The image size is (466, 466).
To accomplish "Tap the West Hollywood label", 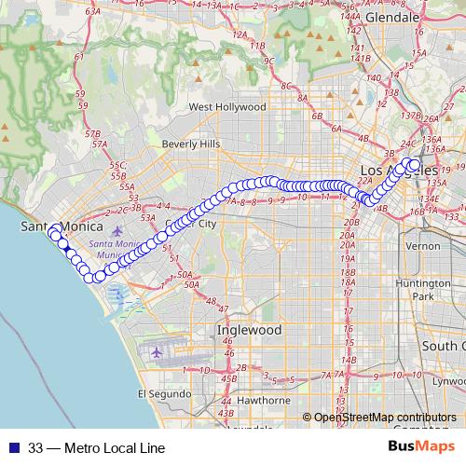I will click(227, 107).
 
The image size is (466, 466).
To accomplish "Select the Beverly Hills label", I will click(190, 144).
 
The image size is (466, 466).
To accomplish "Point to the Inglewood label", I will click(249, 330).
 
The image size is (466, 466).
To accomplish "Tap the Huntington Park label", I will click(423, 289).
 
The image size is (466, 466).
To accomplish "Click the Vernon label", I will click(423, 246).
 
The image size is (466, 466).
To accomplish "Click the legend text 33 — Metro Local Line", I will click(96, 447).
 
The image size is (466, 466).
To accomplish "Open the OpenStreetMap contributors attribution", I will click(384, 418).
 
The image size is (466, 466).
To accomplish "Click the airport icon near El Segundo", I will click(157, 353).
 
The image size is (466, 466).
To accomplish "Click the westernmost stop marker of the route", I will click(55, 229).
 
